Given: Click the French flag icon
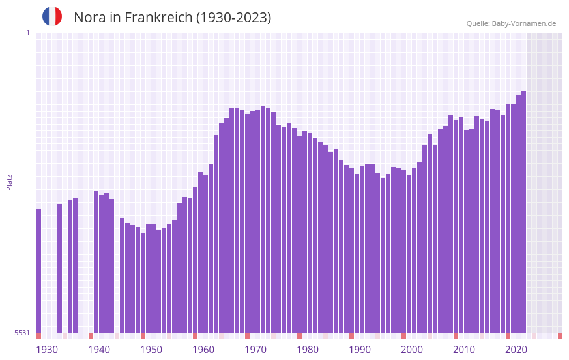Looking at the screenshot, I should coord(52,17).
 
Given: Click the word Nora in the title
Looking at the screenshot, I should coord(89,18).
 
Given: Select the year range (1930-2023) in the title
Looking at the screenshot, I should coord(233,18).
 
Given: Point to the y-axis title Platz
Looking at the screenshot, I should coord(9,182).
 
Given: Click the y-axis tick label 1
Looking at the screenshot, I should coord(27,33).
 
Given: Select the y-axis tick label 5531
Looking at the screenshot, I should coord(22,333).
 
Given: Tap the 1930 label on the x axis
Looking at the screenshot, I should coord(47,350).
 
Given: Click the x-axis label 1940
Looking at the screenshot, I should coord(99,350).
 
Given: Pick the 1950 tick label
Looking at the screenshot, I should coord(151,350).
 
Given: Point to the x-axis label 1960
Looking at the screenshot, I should coord(203,350).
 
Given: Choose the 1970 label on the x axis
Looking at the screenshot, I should coord(255,350).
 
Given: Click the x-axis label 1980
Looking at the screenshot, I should coord(308,350).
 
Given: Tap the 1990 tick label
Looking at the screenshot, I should coord(360,350).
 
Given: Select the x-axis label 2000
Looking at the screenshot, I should coord(412,350).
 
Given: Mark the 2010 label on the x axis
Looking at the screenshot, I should coord(464,350).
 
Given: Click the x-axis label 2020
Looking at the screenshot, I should coord(516,350).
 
